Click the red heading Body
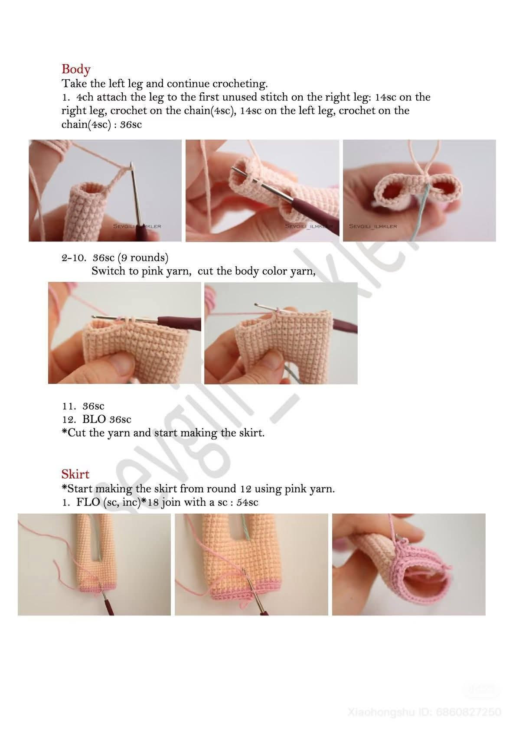[76, 69]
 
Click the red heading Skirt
[75, 474]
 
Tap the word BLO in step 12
[94, 420]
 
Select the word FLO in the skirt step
[88, 502]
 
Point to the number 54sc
[247, 502]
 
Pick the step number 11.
[68, 406]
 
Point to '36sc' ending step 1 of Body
[131, 125]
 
